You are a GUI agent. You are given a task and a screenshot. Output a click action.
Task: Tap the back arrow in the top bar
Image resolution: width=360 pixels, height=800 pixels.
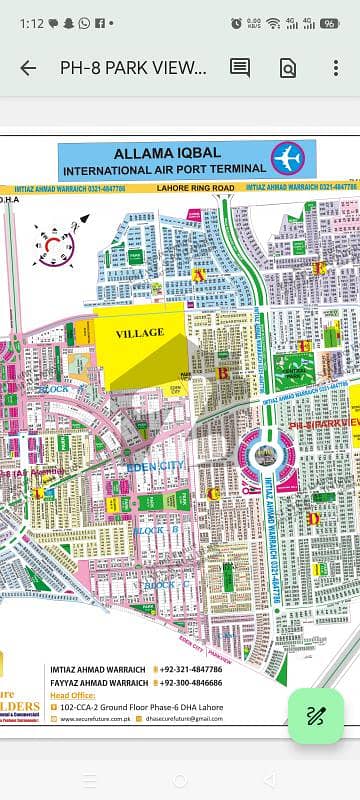coord(28,68)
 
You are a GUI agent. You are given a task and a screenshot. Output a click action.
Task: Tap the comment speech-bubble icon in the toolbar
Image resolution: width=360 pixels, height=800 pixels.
coord(240,68)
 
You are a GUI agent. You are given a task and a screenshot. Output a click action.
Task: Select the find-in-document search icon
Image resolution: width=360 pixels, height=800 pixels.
coord(287,68)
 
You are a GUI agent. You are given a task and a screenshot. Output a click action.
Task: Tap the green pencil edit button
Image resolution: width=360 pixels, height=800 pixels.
coord(316,715)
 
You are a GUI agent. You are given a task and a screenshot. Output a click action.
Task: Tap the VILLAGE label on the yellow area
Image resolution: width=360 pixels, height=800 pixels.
coord(139,332)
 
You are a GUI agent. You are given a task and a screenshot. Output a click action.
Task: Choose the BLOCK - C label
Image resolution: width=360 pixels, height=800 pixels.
coord(160,583)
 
